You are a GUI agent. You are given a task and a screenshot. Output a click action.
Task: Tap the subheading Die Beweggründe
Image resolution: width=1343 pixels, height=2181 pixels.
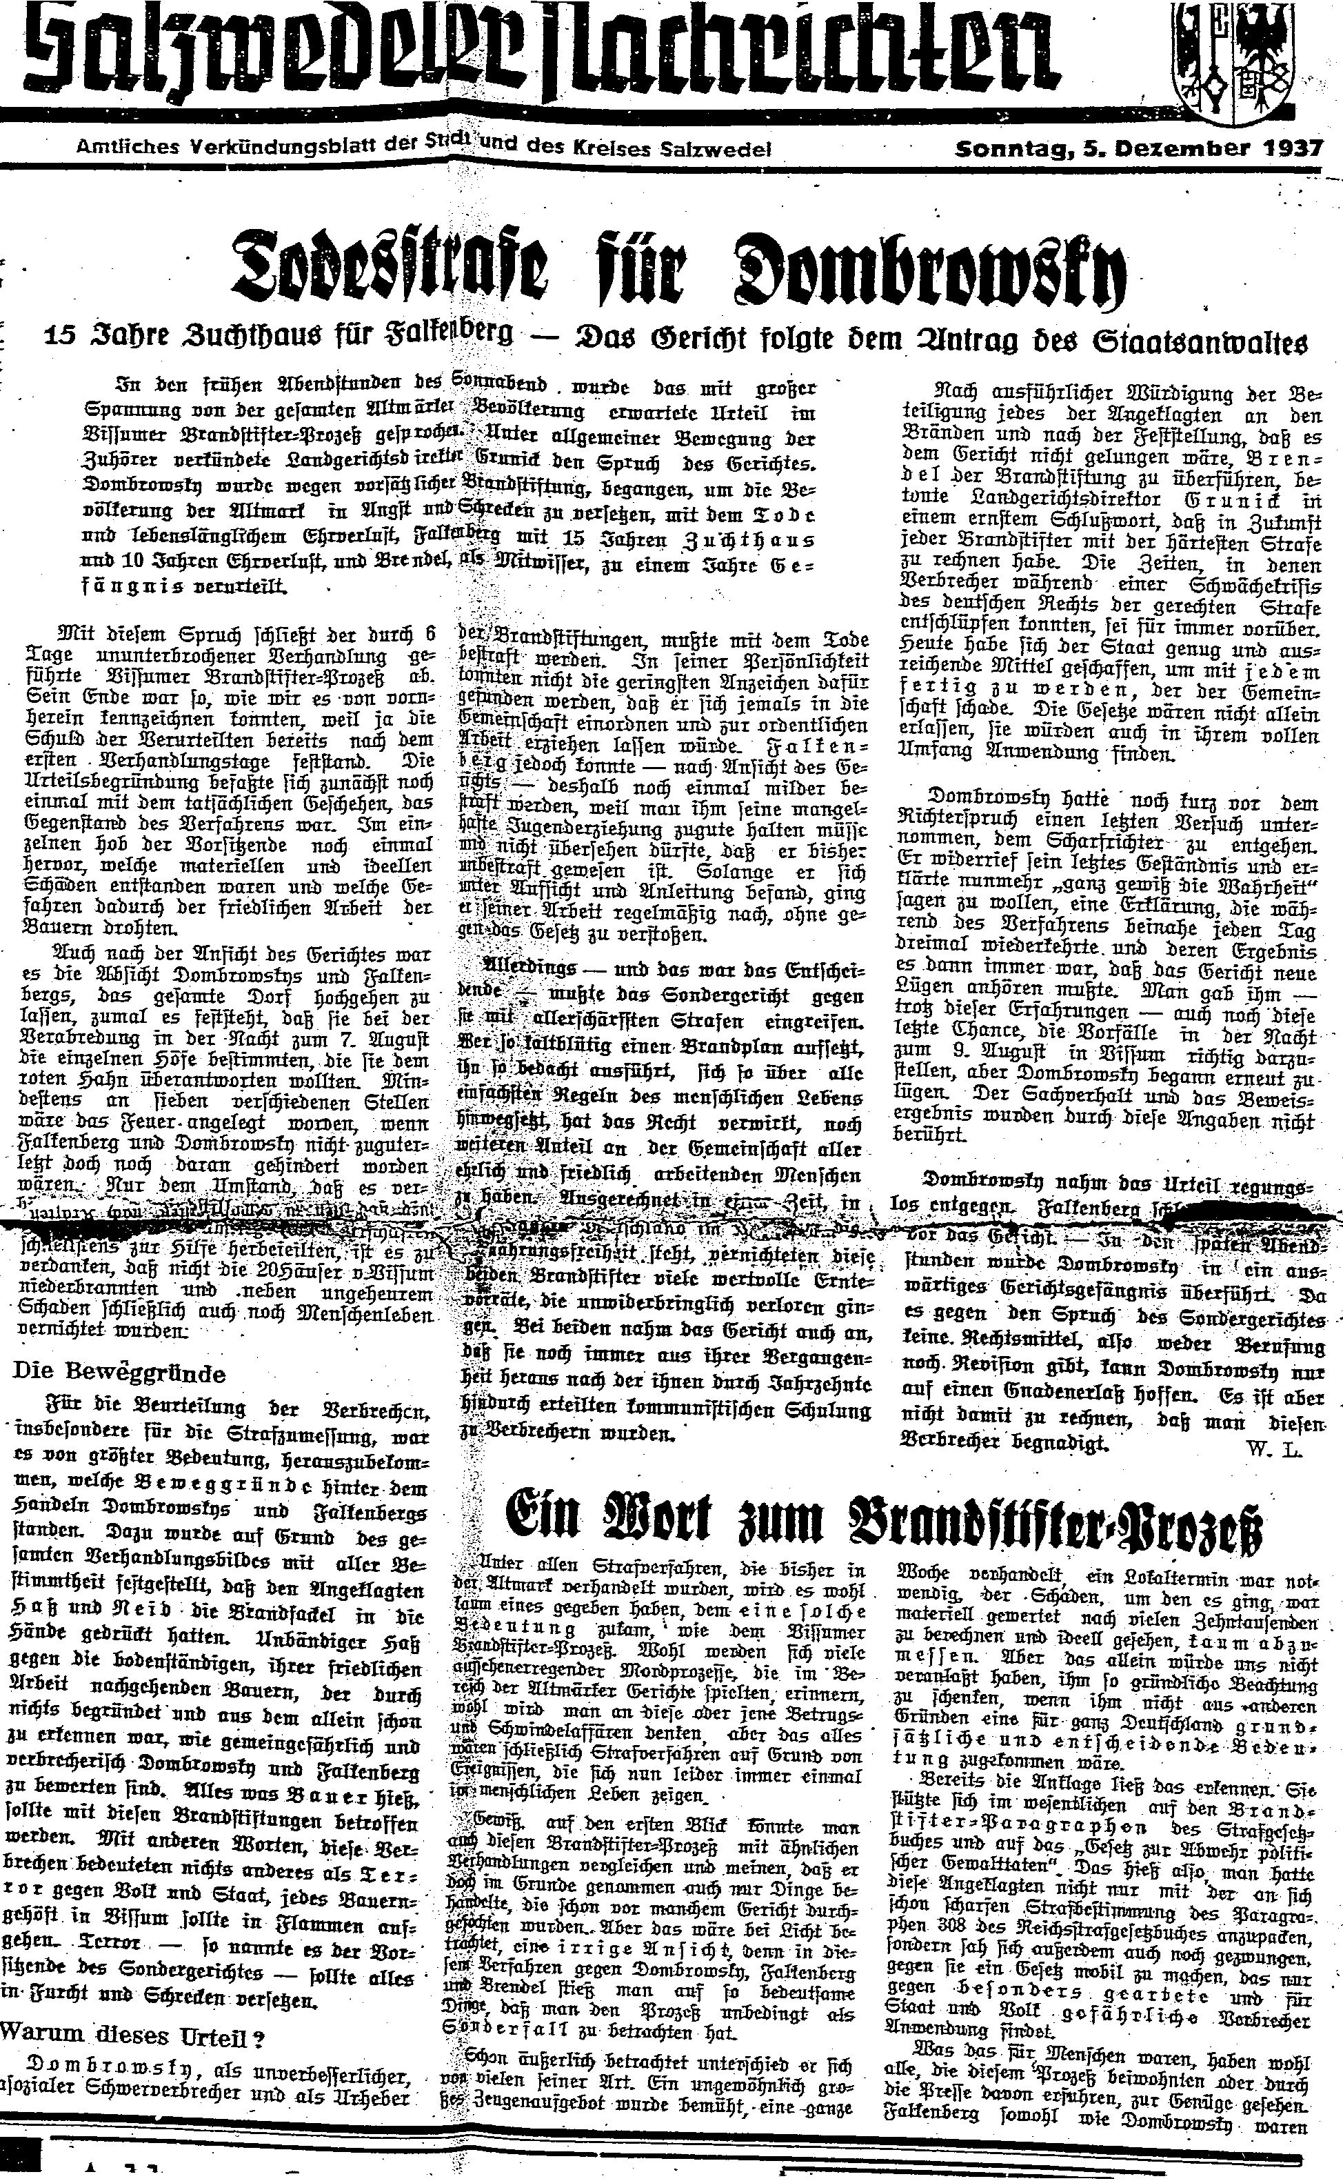point(119,1372)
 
